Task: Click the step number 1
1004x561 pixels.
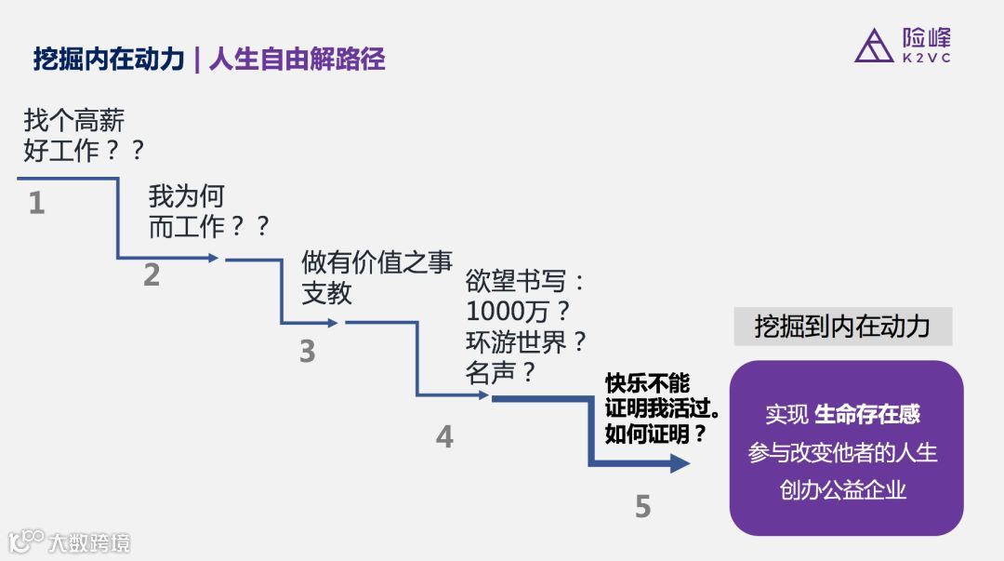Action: [36, 203]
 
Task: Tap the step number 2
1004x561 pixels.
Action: [152, 274]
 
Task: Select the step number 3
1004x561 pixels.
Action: [307, 352]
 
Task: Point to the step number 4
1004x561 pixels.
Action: [444, 436]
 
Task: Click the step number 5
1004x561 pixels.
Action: [642, 506]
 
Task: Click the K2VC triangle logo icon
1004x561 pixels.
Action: [873, 46]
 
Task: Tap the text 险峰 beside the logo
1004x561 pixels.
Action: [926, 37]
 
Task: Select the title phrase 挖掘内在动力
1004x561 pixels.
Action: [109, 60]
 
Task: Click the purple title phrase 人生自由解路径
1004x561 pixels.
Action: [297, 60]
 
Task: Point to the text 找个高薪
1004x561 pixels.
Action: [73, 120]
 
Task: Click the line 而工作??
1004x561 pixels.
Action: [208, 226]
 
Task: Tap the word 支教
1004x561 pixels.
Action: [326, 293]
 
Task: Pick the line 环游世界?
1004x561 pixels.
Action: [526, 341]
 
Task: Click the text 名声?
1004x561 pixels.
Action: [501, 372]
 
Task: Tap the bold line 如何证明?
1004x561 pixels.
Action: [655, 434]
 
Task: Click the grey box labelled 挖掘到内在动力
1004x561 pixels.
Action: [842, 327]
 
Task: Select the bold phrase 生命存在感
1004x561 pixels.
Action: [867, 414]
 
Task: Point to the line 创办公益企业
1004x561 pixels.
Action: [843, 489]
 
